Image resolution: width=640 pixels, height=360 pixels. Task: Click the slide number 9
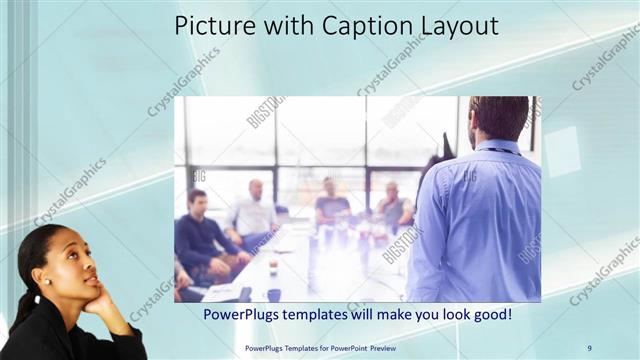pyautogui.click(x=589, y=347)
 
